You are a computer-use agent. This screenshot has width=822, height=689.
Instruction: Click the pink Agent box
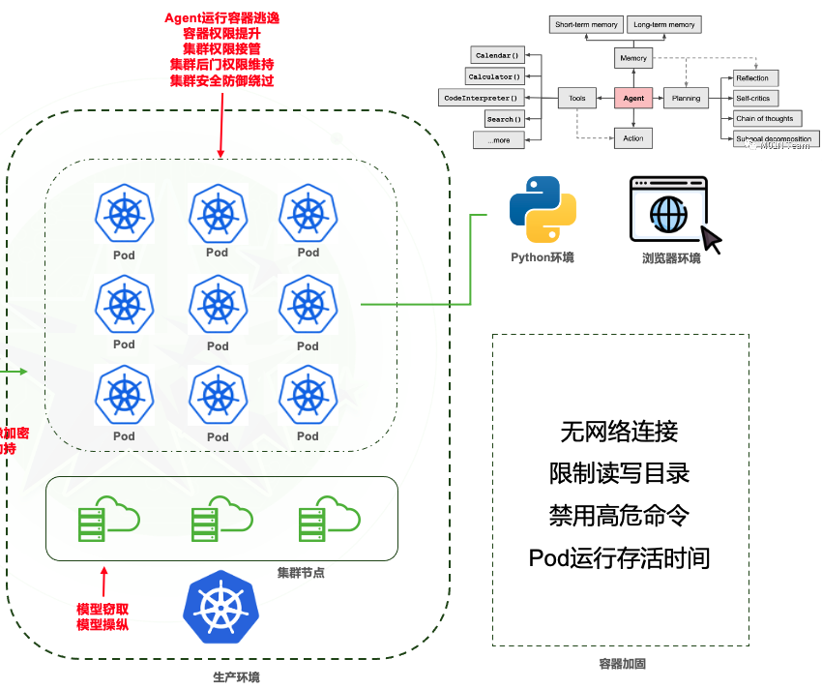coord(633,98)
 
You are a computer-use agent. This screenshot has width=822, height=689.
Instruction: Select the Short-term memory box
coord(585,24)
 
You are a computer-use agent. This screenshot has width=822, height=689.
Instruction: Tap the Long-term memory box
coord(663,24)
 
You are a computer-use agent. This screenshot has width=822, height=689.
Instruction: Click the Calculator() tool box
coord(494,76)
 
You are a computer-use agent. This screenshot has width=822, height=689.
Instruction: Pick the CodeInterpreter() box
coord(481,98)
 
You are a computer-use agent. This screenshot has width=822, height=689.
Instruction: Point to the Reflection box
coord(751,77)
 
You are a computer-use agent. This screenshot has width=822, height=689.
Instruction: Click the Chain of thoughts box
coord(764,119)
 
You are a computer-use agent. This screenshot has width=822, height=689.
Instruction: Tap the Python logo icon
coord(543,208)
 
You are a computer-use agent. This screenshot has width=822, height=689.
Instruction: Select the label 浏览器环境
coord(670,259)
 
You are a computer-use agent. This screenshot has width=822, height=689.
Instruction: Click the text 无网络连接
coord(619,431)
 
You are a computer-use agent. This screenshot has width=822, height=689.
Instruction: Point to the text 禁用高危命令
coord(619,515)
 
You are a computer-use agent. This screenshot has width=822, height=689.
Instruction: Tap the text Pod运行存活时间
coord(619,557)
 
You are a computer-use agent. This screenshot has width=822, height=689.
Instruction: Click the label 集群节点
coord(300,572)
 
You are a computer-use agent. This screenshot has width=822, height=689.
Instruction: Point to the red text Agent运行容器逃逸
coord(221,19)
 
